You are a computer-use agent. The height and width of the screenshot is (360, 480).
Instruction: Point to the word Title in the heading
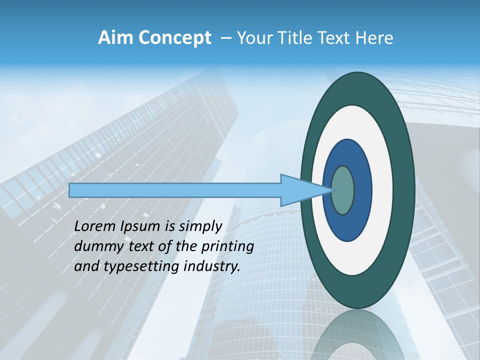(292, 38)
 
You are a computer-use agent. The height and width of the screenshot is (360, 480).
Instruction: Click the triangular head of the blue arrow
(300, 190)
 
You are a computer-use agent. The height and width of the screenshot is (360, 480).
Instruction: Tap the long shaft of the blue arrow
(175, 190)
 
